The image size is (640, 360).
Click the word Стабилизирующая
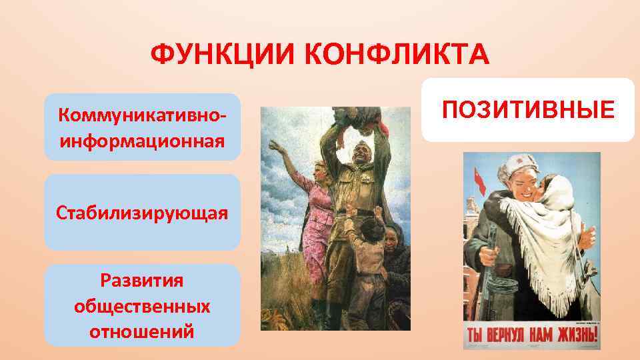pyautogui.click(x=142, y=213)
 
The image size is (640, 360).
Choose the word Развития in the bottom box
pyautogui.click(x=142, y=281)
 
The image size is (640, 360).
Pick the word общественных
pyautogui.click(x=142, y=306)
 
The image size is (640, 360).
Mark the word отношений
pyautogui.click(x=142, y=331)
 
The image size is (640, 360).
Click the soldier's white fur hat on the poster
pyautogui.click(x=515, y=166)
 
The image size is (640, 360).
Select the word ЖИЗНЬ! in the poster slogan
pyautogui.click(x=573, y=334)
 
